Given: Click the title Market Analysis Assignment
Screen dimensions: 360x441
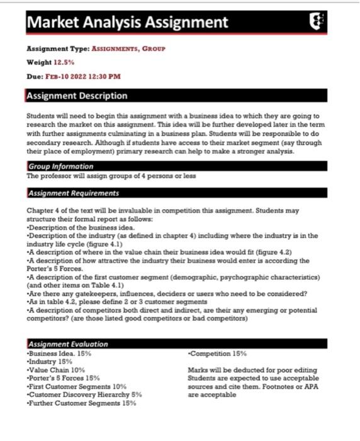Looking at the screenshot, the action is click(127, 23).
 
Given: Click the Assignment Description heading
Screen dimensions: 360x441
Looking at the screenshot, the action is click(77, 96).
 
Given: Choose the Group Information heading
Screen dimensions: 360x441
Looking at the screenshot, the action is click(60, 166).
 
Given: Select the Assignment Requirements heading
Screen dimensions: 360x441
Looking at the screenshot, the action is click(74, 193).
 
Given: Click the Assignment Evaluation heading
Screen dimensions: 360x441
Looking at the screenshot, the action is click(68, 344).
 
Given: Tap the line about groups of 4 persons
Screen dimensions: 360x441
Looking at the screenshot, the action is click(111, 176).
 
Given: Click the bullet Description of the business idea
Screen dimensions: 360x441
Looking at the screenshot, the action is click(81, 227).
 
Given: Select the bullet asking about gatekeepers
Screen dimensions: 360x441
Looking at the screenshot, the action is click(167, 293).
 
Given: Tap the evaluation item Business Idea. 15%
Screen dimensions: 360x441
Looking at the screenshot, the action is click(60, 353).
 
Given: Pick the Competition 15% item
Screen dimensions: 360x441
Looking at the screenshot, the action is click(217, 353).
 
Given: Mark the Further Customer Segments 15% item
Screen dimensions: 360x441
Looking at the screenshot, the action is click(82, 403).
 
